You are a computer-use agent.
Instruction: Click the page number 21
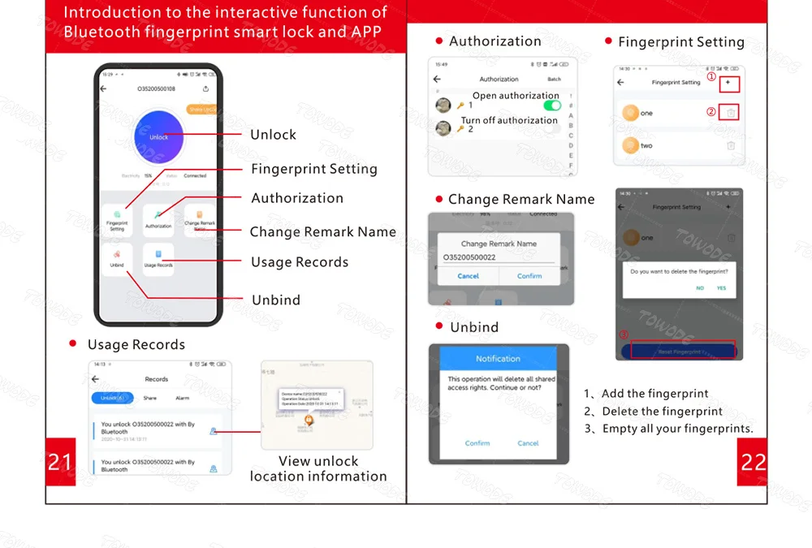(x=60, y=462)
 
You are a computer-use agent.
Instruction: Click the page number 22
(x=753, y=462)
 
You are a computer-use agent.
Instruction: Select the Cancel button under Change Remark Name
(x=468, y=276)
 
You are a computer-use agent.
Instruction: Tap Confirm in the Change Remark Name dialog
(x=529, y=276)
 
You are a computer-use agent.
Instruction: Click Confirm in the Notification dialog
(x=477, y=443)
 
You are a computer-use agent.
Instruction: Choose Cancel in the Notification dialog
(x=528, y=443)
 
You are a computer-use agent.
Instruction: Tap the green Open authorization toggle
(x=552, y=106)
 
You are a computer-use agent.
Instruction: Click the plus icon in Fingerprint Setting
(x=728, y=83)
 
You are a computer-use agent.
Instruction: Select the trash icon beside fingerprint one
(x=730, y=113)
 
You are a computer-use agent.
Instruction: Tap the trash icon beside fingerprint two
(x=731, y=145)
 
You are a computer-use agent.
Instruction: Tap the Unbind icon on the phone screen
(x=117, y=259)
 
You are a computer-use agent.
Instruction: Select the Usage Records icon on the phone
(x=158, y=259)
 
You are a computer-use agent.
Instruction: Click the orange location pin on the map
(x=309, y=421)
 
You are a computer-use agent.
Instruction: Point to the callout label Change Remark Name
(x=322, y=232)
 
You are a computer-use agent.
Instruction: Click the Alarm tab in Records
(x=183, y=399)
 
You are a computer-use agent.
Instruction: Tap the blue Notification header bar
(x=498, y=358)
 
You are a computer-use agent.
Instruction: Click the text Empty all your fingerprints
(x=677, y=429)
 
